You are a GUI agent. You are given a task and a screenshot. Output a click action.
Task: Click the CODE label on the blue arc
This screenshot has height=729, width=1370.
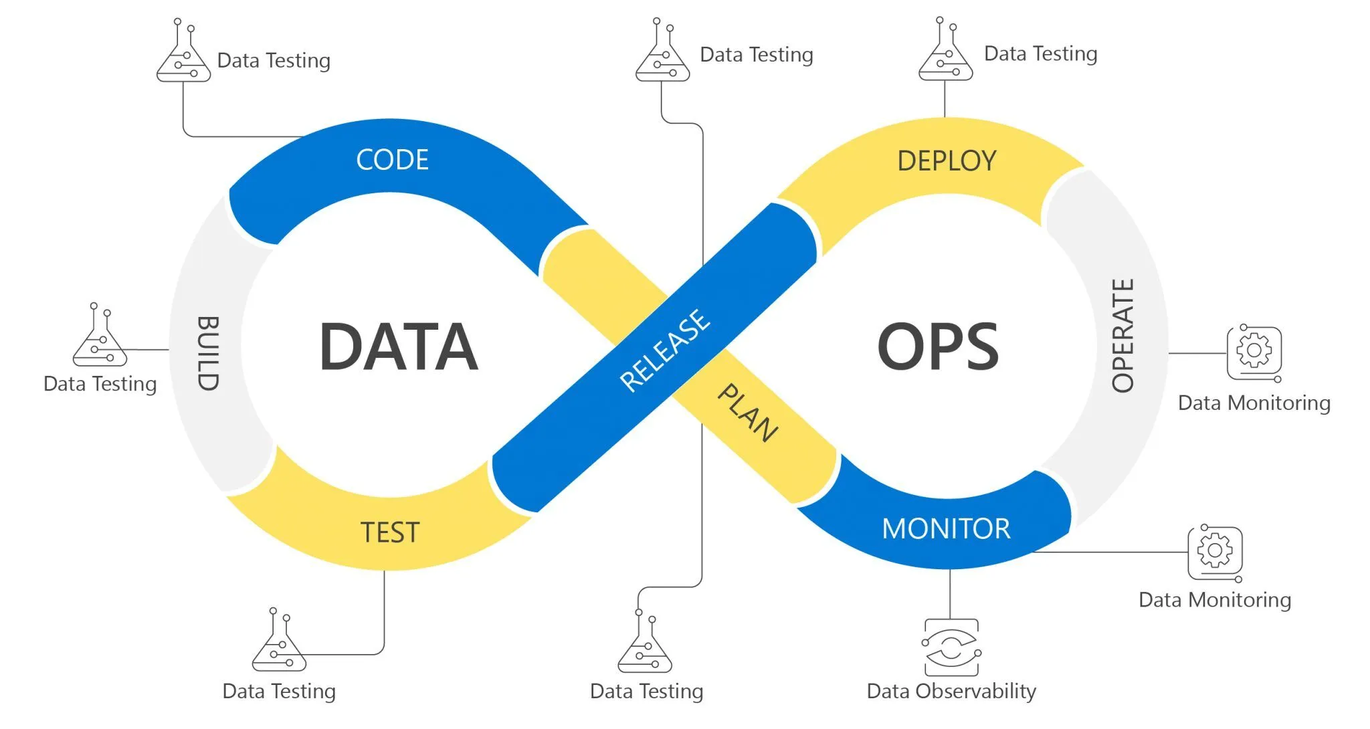tap(392, 160)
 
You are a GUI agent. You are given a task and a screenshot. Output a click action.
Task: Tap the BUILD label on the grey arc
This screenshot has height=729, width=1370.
tap(207, 353)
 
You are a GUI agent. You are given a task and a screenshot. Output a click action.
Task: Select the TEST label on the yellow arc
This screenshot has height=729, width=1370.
tap(390, 532)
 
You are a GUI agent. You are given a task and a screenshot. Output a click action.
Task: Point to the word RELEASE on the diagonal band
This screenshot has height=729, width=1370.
tap(665, 350)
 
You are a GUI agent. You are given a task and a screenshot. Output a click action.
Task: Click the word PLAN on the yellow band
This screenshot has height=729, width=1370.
tap(748, 413)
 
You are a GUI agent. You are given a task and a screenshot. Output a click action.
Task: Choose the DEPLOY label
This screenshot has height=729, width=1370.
tap(947, 161)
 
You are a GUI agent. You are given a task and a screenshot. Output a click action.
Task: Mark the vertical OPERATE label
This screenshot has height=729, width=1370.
tap(1123, 335)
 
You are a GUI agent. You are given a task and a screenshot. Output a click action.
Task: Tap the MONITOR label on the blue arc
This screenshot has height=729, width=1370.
tap(946, 529)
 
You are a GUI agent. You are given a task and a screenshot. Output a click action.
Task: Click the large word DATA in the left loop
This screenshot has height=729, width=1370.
tap(399, 346)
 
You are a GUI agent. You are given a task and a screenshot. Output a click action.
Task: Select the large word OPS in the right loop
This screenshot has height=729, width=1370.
tap(938, 346)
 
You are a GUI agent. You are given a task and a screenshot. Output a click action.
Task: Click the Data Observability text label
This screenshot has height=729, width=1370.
tap(951, 691)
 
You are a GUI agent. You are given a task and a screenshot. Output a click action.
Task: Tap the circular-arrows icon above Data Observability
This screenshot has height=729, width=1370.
tap(951, 647)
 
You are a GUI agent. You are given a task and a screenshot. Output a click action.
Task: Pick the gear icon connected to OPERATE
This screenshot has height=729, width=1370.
tap(1254, 352)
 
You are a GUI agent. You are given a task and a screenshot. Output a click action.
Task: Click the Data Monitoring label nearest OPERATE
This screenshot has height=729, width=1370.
tap(1254, 403)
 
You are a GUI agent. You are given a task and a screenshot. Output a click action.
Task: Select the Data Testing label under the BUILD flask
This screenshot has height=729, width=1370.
tap(100, 384)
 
